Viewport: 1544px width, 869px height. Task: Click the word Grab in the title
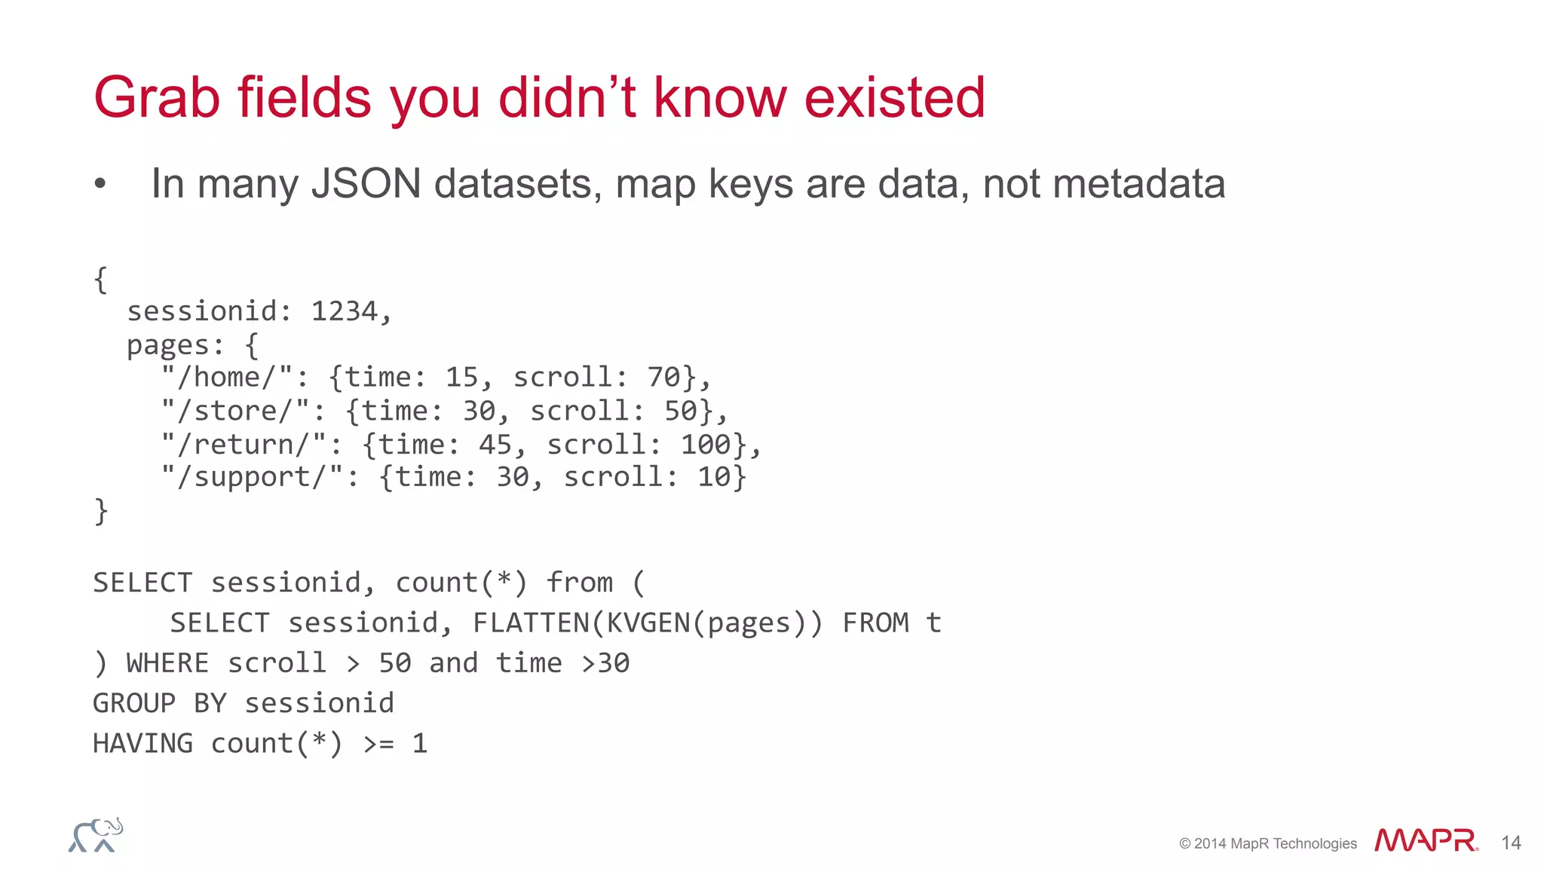click(x=157, y=98)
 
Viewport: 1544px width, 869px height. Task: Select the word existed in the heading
click(x=894, y=98)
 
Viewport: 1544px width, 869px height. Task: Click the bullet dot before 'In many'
click(x=100, y=184)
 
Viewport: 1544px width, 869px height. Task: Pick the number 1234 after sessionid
click(x=345, y=311)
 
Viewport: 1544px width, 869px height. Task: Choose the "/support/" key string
click(x=253, y=477)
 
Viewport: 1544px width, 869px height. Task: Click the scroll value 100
click(x=706, y=444)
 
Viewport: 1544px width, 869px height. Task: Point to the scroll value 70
click(x=663, y=377)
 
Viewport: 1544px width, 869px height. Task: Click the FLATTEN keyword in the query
click(x=531, y=623)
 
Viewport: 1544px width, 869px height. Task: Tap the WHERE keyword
click(x=167, y=662)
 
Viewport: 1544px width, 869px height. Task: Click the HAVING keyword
click(x=143, y=743)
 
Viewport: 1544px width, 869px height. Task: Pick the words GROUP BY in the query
click(x=159, y=703)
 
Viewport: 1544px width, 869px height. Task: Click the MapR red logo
click(x=1426, y=840)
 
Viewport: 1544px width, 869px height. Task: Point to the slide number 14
click(x=1511, y=843)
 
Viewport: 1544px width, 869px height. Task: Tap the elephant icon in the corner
click(x=96, y=835)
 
